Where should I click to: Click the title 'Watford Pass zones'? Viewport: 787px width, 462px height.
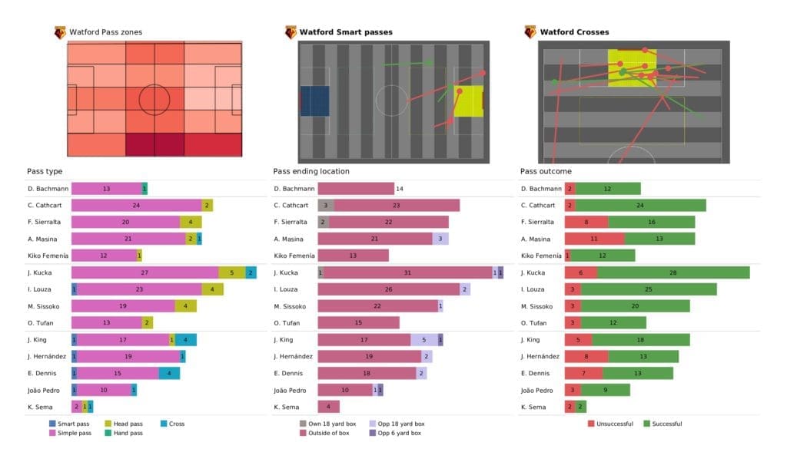pos(105,32)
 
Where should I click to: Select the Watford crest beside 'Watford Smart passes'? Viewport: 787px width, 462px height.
pos(291,32)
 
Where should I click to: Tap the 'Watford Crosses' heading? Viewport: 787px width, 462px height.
pos(574,32)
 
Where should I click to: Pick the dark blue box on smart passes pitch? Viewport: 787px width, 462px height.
pos(314,101)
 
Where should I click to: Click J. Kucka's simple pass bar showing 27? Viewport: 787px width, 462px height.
pos(144,272)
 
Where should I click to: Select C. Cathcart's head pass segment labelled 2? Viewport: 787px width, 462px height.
pos(207,205)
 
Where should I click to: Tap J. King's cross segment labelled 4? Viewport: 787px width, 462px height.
pos(186,339)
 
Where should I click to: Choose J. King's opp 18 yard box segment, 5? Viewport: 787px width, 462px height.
pos(423,339)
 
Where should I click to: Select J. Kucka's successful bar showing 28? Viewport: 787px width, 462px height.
pos(673,272)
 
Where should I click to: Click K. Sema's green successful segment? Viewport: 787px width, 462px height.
pos(581,407)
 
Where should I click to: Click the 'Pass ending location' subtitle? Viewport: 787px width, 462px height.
pos(310,171)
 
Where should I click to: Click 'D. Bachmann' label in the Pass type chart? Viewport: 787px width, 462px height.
pos(47,188)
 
